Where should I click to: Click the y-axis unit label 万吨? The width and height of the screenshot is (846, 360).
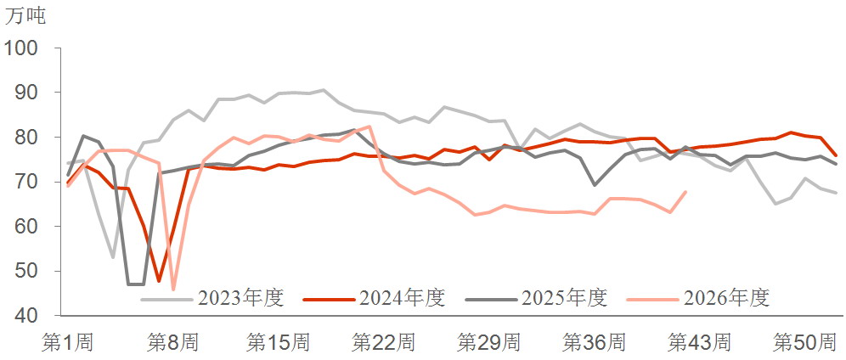25,16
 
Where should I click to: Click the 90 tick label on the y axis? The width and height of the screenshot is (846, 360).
28,93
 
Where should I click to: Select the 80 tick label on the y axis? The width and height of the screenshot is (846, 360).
28,138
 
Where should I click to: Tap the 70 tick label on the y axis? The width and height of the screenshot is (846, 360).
28,183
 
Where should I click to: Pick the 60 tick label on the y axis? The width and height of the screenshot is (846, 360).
28,227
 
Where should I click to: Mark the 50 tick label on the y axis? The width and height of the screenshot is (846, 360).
28,271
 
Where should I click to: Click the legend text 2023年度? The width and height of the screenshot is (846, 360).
241,297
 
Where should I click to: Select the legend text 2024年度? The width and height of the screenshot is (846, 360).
403,297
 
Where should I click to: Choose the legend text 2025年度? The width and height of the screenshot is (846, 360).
565,297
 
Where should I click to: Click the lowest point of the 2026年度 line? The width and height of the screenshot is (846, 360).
173,290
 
